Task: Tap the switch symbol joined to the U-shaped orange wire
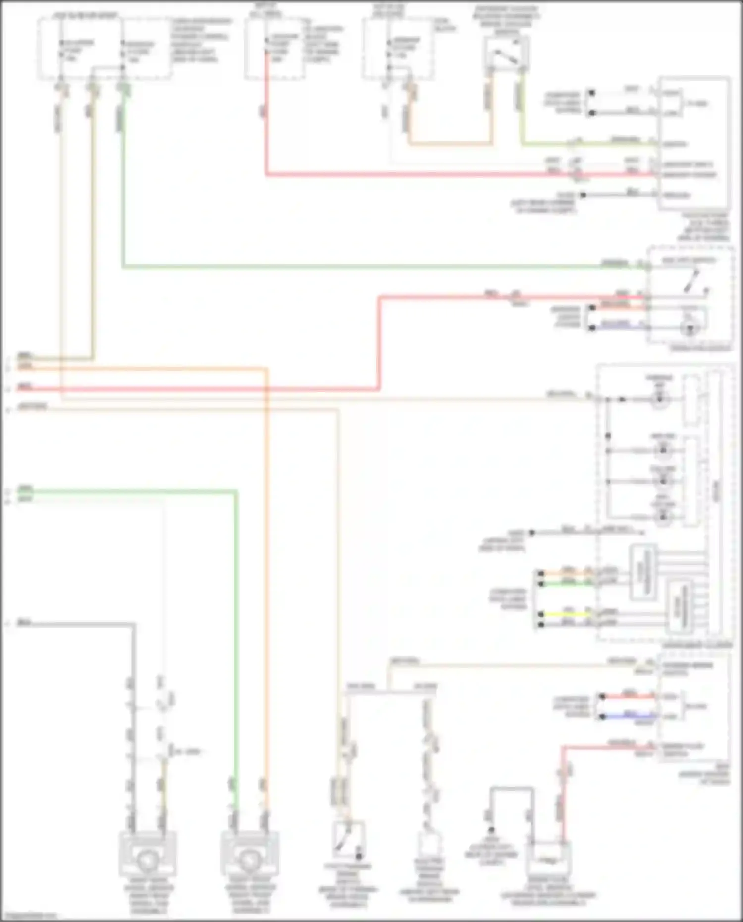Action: point(506,54)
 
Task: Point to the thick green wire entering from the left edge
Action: point(124,491)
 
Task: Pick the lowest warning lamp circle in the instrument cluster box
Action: point(663,517)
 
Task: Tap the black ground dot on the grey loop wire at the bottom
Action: point(491,830)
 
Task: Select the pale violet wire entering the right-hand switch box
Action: point(617,325)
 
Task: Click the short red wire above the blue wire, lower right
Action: point(629,696)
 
